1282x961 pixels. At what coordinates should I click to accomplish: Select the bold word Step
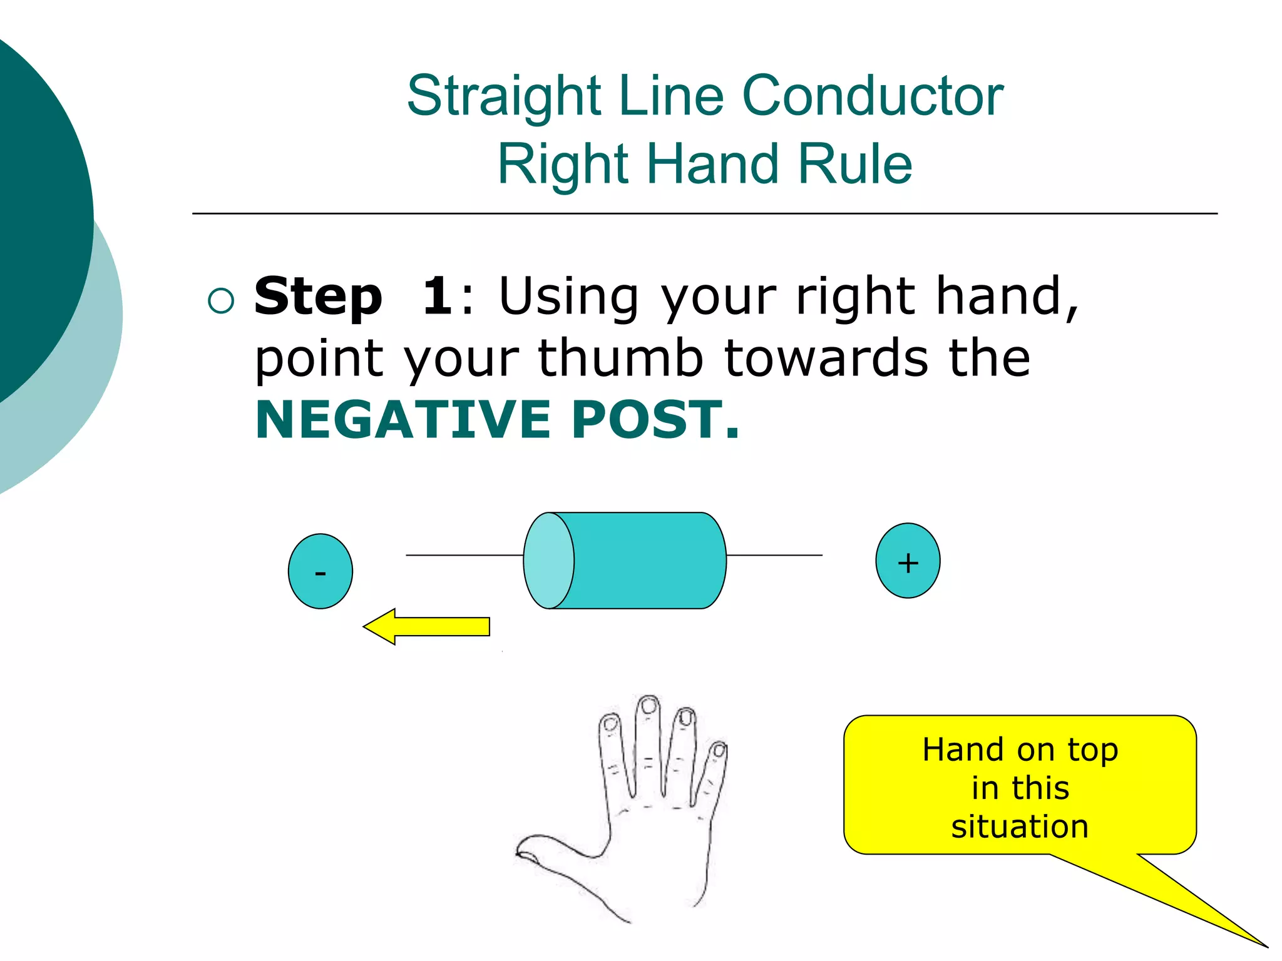click(318, 297)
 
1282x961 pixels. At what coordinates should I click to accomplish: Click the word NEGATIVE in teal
click(403, 420)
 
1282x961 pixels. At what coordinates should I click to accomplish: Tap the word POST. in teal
click(655, 420)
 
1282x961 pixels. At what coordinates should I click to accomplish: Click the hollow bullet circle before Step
click(220, 301)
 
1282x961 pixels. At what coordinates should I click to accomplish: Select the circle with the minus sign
click(320, 571)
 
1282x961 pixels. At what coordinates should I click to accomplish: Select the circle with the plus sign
click(907, 561)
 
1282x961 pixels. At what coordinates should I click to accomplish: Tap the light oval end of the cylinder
click(548, 561)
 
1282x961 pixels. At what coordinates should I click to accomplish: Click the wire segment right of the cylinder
click(774, 555)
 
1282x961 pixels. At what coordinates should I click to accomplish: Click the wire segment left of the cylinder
click(464, 555)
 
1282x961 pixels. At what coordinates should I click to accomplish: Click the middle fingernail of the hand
click(649, 706)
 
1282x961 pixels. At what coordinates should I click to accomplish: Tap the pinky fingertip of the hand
click(719, 750)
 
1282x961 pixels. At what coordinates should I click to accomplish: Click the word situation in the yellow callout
click(1020, 826)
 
